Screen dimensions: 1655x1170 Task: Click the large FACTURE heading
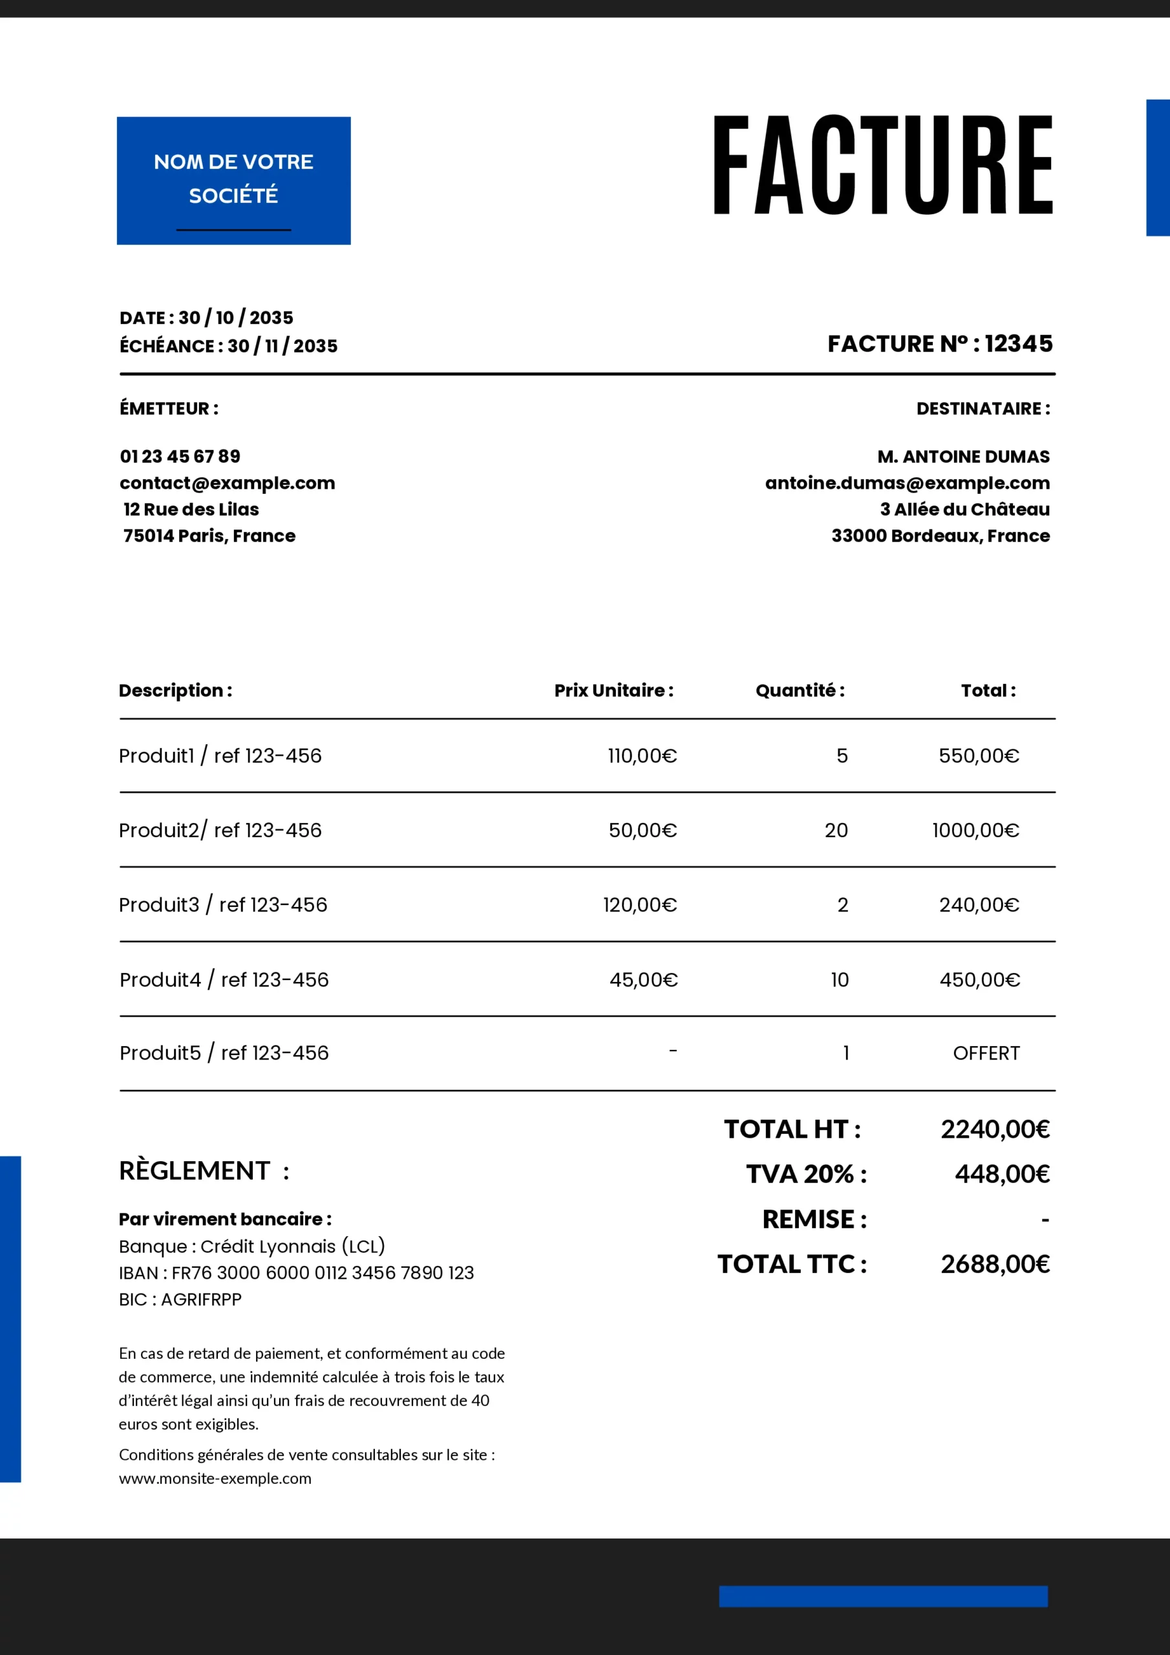tap(882, 165)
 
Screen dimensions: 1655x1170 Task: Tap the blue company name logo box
tap(233, 180)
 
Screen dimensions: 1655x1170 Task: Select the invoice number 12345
tap(1018, 344)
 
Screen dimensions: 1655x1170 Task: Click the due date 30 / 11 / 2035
tap(282, 346)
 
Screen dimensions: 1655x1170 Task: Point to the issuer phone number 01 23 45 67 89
tap(180, 456)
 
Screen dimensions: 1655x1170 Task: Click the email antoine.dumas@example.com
tap(907, 483)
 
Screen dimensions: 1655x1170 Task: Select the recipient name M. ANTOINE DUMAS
tap(963, 456)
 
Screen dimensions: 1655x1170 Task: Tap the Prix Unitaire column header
tap(613, 690)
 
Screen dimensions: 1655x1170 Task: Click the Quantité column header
tap(800, 690)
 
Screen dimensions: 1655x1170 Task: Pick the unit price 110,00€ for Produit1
tap(642, 756)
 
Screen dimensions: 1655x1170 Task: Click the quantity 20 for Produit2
tap(836, 830)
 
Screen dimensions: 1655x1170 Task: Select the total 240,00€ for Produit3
tap(978, 904)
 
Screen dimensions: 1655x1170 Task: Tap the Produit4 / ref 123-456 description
tap(224, 979)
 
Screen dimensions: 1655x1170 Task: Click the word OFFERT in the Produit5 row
tap(986, 1053)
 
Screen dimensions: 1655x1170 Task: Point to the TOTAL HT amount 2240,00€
tap(995, 1129)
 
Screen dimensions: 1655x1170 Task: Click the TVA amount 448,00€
tap(1002, 1174)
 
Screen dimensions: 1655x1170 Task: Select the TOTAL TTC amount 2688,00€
tap(995, 1264)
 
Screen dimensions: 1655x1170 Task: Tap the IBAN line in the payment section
tap(296, 1273)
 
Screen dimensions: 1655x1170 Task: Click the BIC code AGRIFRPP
tap(201, 1299)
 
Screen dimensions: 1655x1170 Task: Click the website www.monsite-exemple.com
tap(215, 1479)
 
